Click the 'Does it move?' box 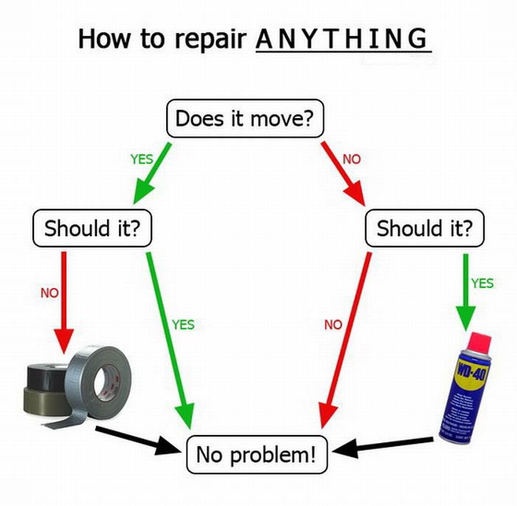tap(245, 118)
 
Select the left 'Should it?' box tap(92, 228)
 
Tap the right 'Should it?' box tap(425, 228)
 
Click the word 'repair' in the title tap(211, 38)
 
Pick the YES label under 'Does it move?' tap(142, 158)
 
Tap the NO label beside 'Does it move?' tap(351, 158)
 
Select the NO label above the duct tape tap(49, 293)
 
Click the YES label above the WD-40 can tap(482, 282)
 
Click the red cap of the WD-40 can tap(478, 342)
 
